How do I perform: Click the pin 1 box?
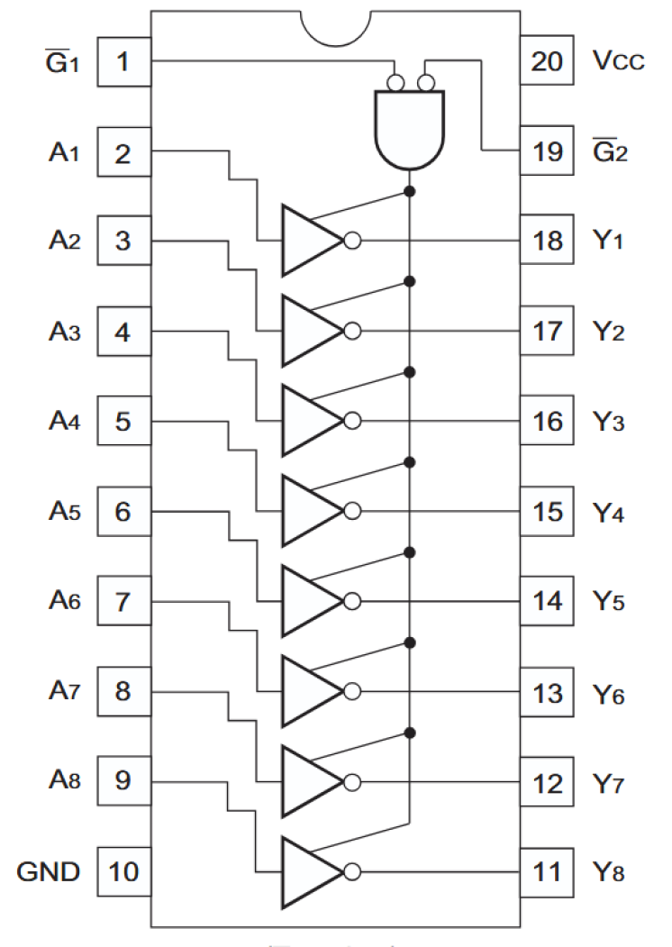coord(123,62)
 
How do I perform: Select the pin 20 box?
coord(547,62)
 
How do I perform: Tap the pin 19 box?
coord(547,151)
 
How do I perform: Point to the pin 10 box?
coord(123,872)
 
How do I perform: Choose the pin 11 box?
coord(547,872)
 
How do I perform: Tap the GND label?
coord(49,872)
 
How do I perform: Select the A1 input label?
coord(64,152)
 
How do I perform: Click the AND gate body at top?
coord(410,131)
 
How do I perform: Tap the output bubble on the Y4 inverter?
coord(353,511)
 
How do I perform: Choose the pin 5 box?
coord(123,422)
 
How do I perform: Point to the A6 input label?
coord(64,602)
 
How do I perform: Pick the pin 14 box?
coord(547,602)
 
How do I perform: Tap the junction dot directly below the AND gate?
coord(410,192)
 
